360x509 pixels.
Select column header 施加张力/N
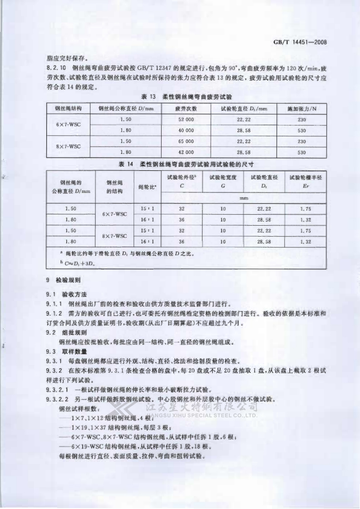(x=302, y=109)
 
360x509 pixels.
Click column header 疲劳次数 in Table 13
(x=185, y=109)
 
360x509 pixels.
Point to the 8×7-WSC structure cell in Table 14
(x=116, y=236)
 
